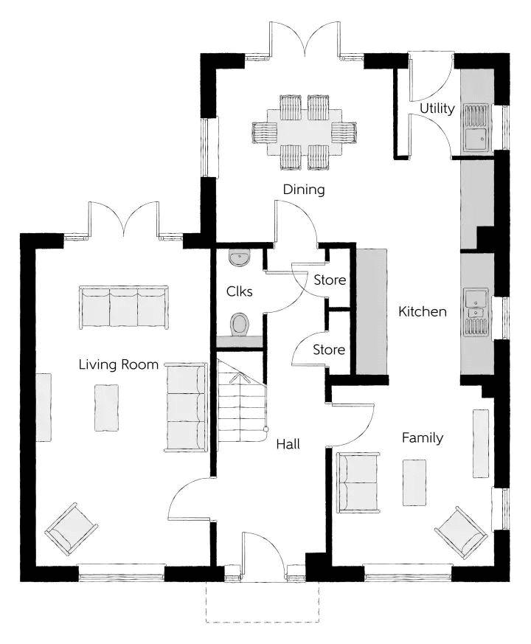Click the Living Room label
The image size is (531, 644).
118,364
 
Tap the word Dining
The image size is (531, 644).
304,190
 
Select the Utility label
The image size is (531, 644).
437,109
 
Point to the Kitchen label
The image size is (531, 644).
422,312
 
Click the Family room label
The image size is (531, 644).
422,438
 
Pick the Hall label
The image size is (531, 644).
288,444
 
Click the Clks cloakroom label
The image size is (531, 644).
239,291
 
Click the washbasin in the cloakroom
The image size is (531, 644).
240,258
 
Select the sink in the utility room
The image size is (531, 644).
476,128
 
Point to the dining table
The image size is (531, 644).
304,132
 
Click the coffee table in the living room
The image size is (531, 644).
107,407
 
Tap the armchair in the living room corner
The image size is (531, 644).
72,530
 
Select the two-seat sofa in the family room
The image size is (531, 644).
358,482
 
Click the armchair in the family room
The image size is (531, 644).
461,533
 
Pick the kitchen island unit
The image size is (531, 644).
372,311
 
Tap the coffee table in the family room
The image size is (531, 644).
414,482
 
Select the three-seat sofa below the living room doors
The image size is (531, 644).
124,307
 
